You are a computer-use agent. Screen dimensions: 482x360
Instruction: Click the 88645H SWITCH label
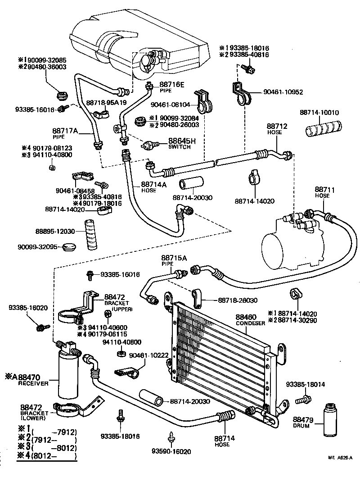point(182,143)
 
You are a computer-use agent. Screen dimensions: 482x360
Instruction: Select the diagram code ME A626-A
point(339,458)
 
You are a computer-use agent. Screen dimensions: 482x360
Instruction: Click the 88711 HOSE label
point(322,192)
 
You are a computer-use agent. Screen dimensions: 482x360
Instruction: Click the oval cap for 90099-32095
point(70,246)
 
